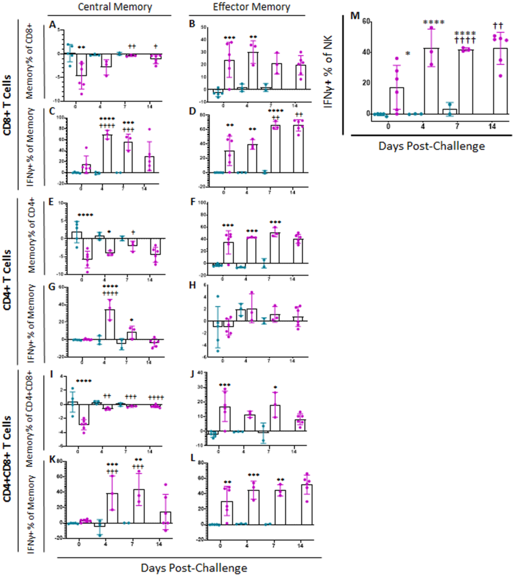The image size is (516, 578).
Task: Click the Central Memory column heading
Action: pyautogui.click(x=115, y=7)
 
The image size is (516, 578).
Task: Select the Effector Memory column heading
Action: pyautogui.click(x=252, y=7)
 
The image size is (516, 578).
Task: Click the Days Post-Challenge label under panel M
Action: pyautogui.click(x=432, y=146)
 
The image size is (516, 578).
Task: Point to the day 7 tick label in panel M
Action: pyautogui.click(x=457, y=126)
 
